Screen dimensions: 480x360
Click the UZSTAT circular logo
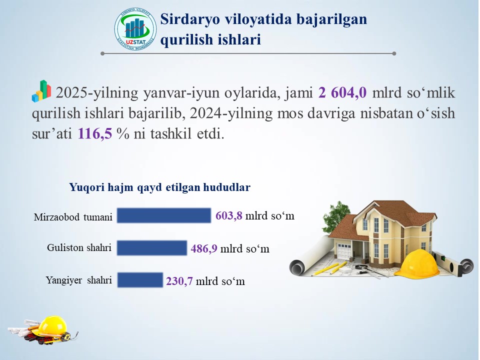135,29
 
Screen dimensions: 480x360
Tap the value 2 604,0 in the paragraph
342,92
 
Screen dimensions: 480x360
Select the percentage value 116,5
95,133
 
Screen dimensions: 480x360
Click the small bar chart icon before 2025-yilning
41,91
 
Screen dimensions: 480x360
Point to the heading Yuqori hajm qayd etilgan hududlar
160,187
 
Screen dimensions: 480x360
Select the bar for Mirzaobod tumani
164,215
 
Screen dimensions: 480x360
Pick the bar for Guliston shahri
152,247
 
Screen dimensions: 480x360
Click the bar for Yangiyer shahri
140,280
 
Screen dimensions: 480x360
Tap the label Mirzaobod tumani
73,217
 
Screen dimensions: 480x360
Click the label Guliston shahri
79,247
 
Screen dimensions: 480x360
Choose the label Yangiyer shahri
79,280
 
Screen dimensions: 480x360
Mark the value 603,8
228,215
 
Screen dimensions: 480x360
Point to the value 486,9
204,248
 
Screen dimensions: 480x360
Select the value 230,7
179,281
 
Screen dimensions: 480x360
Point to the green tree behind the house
336,216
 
